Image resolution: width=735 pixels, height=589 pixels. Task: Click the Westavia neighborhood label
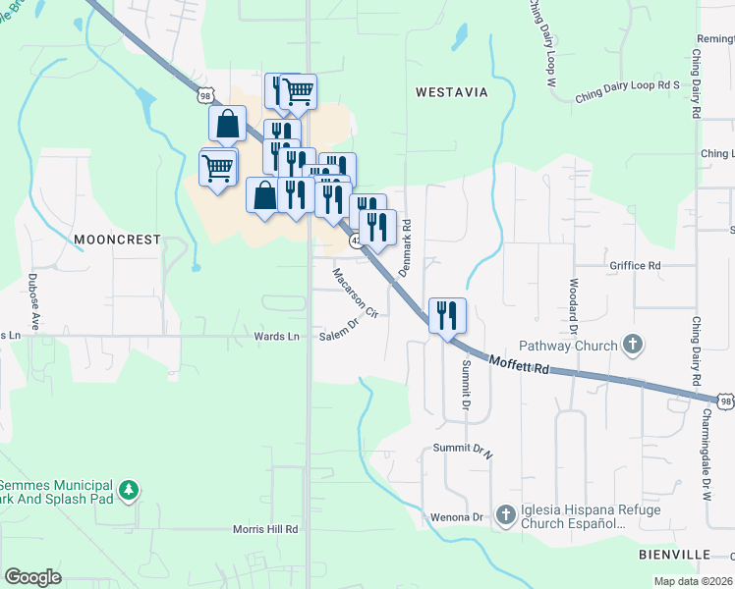point(451,92)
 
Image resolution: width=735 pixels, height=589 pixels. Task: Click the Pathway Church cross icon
point(634,345)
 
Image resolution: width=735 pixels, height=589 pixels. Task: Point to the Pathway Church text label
point(568,346)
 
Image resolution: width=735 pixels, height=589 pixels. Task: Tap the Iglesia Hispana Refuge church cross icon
point(505,514)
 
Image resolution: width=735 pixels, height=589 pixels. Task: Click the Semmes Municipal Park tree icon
point(128,490)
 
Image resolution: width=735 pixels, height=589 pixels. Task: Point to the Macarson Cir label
point(356,293)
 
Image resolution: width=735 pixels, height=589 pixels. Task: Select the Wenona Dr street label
point(457,516)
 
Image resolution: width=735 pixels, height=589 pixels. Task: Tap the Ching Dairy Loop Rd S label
point(628,85)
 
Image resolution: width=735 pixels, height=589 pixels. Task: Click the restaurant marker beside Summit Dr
point(447,316)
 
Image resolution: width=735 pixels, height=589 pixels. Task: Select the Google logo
point(32,577)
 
